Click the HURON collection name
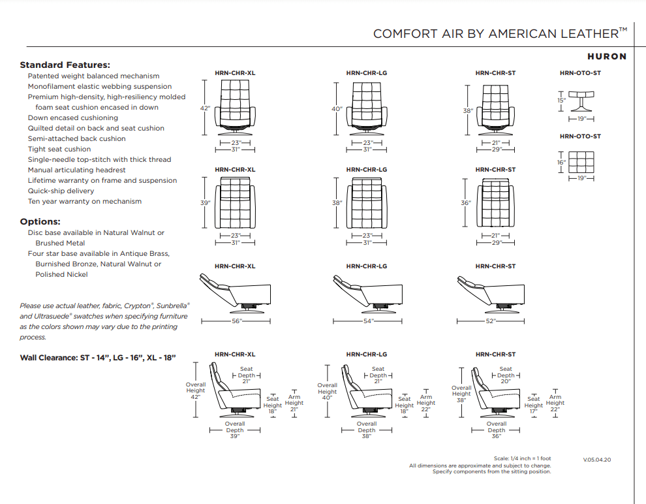606,57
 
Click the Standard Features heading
65,65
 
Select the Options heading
40,221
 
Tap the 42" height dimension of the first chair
205,108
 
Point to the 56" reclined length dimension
236,321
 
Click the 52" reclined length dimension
490,321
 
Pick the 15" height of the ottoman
561,101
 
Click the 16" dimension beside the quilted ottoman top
561,162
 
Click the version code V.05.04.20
597,460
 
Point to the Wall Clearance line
97,358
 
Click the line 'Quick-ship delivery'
61,191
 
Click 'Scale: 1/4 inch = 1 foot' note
523,459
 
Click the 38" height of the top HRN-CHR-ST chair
468,111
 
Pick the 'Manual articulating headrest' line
76,170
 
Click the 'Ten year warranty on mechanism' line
84,201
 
